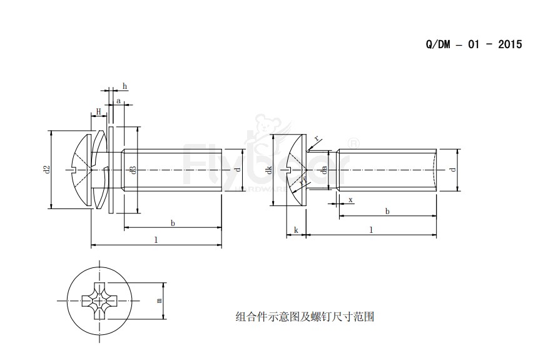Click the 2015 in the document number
click(510, 46)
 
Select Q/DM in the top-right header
click(438, 46)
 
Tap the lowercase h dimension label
click(124, 86)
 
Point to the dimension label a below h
click(118, 100)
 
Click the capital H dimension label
click(99, 111)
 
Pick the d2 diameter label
click(46, 170)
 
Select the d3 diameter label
click(132, 170)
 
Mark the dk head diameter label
click(268, 170)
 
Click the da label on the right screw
click(324, 170)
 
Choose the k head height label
click(296, 230)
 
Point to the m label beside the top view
click(160, 301)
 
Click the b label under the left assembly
click(173, 223)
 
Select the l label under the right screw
click(371, 230)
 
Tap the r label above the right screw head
click(317, 138)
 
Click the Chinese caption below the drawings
click(305, 317)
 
